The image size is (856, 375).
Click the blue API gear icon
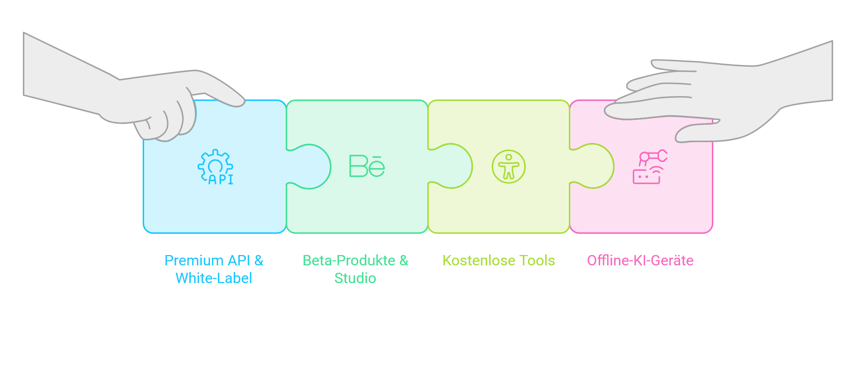tap(216, 167)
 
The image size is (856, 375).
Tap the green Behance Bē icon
tap(367, 166)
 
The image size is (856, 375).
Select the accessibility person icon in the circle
tap(509, 166)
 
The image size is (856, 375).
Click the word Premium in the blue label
tap(194, 261)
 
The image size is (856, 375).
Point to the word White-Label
tap(214, 278)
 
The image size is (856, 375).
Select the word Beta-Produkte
tap(349, 261)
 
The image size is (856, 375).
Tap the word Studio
tap(355, 278)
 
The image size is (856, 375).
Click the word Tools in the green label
tap(537, 261)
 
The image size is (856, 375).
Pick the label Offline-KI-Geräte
tap(640, 261)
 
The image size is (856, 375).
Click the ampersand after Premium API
tap(258, 261)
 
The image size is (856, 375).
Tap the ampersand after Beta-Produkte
tap(404, 261)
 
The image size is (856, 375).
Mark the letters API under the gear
tap(221, 179)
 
